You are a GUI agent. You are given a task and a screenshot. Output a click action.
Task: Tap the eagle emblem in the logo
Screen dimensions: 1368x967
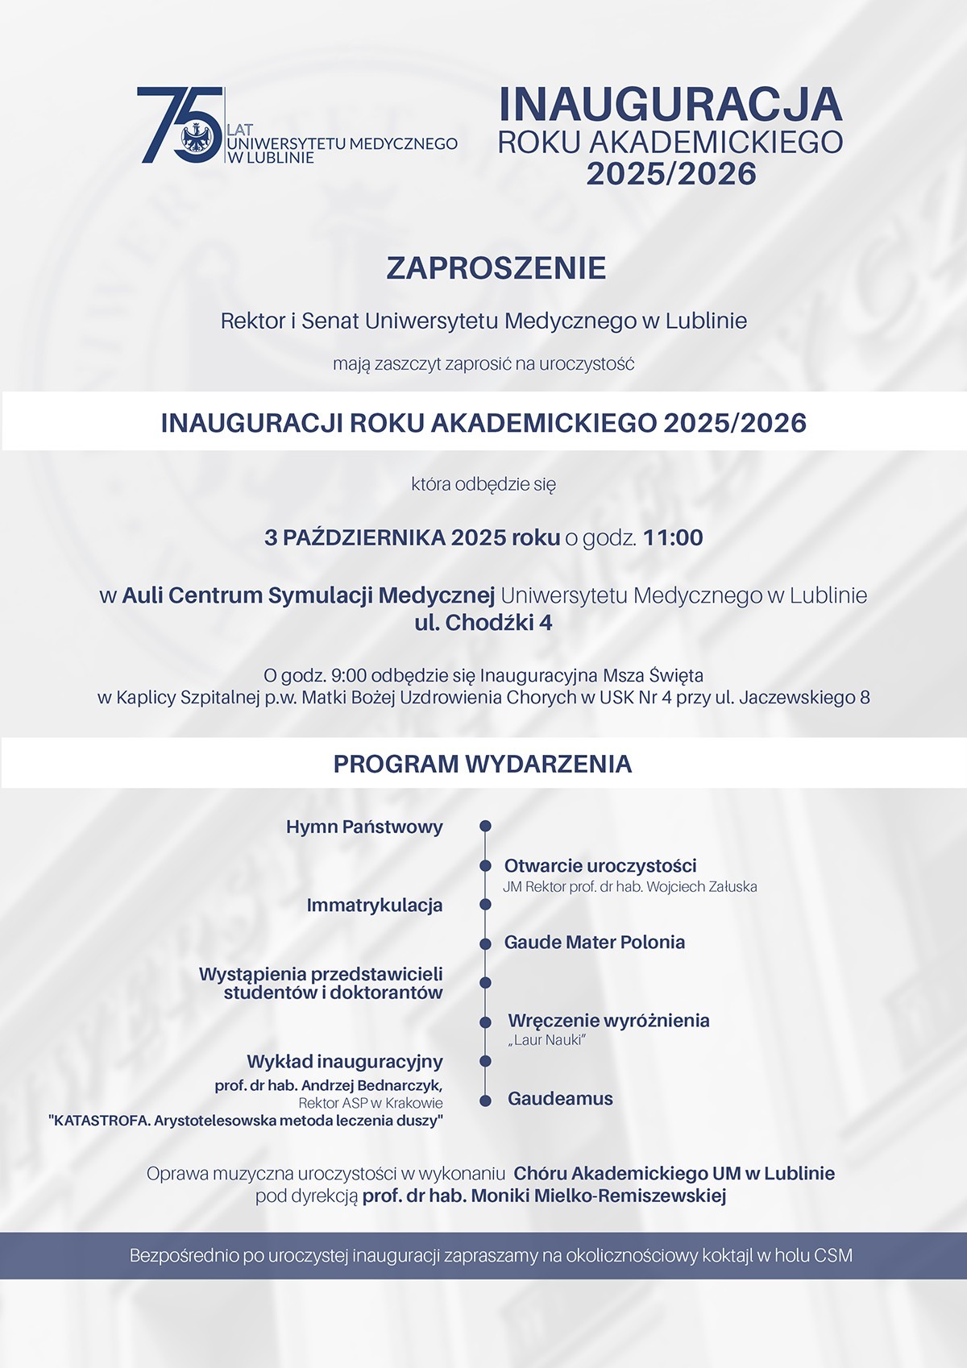(x=197, y=137)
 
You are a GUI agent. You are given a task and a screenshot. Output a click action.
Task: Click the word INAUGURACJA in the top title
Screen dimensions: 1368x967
(x=670, y=105)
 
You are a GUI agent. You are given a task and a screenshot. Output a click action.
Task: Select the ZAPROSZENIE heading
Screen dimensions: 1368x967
(x=496, y=268)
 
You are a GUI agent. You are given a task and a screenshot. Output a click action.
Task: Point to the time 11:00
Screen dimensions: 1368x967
(x=673, y=537)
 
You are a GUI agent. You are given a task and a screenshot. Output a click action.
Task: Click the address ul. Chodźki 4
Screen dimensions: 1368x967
(x=483, y=623)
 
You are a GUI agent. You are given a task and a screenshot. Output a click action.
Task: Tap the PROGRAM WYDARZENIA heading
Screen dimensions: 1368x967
(x=483, y=764)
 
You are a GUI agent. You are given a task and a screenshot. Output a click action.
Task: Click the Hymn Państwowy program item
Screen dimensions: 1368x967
(x=364, y=827)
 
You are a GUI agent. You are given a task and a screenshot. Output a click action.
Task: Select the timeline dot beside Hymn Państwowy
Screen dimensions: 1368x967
(x=485, y=827)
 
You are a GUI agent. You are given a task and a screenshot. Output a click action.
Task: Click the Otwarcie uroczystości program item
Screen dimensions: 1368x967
(x=600, y=866)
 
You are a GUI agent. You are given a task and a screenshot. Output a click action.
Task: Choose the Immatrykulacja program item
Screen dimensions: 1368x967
(x=375, y=906)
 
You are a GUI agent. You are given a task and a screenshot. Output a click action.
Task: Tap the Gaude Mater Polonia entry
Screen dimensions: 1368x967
(x=595, y=943)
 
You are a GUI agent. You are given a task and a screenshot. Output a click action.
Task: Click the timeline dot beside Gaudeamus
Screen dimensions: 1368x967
(x=485, y=1101)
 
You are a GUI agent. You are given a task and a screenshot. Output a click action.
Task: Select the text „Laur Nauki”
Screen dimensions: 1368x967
(x=546, y=1040)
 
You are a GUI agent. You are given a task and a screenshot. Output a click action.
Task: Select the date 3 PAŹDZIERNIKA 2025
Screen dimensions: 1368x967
(x=385, y=537)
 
